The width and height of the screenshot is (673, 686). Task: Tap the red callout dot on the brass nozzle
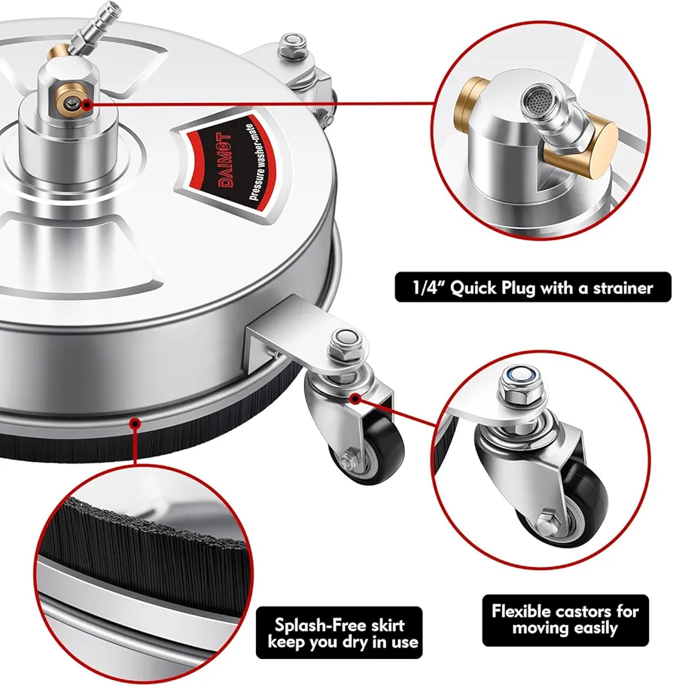pos(87,104)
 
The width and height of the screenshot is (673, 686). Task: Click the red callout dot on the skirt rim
pos(136,423)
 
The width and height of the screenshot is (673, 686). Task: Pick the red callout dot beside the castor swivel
pos(355,398)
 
